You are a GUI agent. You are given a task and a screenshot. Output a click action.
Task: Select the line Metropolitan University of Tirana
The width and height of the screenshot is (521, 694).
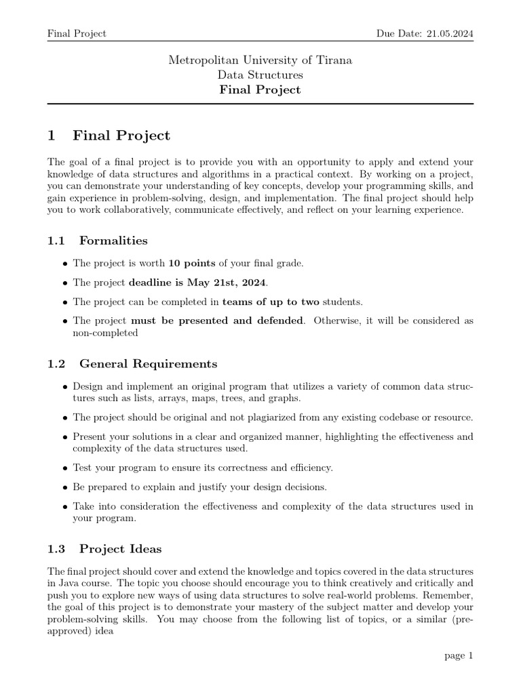point(260,60)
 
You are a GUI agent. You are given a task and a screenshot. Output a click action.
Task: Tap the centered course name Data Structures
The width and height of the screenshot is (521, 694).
point(260,75)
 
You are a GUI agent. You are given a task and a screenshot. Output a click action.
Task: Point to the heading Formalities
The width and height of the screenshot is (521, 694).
point(113,240)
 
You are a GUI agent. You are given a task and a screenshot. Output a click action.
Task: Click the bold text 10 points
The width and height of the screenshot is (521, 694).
point(193,263)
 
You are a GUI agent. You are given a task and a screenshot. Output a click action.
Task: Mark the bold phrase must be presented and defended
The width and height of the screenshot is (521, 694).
point(216,321)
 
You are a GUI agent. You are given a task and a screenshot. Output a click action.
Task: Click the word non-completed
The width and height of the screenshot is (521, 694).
point(105,333)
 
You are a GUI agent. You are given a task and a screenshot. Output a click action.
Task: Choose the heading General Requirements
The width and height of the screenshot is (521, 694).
point(149,364)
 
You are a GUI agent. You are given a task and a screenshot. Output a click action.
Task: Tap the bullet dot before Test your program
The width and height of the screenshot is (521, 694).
point(64,468)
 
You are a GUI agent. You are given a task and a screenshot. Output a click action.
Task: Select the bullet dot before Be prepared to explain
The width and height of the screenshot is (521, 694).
point(64,487)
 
